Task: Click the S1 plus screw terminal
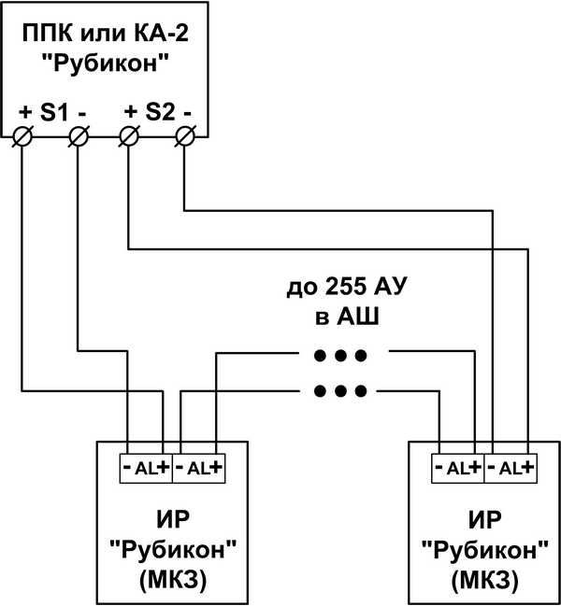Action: [22, 136]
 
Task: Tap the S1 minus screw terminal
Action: [79, 136]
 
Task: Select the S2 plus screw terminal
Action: [129, 136]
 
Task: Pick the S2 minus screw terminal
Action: [185, 136]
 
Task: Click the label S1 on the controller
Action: [54, 113]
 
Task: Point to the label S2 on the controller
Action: [160, 113]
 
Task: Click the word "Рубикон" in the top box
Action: [107, 63]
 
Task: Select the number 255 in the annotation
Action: [346, 287]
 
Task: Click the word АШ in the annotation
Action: [357, 317]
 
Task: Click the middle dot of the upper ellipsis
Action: [340, 355]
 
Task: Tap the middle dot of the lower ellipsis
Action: [340, 390]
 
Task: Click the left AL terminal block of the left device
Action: [146, 469]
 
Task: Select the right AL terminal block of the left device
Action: [198, 469]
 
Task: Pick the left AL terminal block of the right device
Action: [458, 469]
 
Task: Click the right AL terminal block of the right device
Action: [511, 469]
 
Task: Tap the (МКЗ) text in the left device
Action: [173, 581]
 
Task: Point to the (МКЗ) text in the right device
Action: [484, 581]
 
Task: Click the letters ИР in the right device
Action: [484, 520]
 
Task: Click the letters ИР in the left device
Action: [173, 520]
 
